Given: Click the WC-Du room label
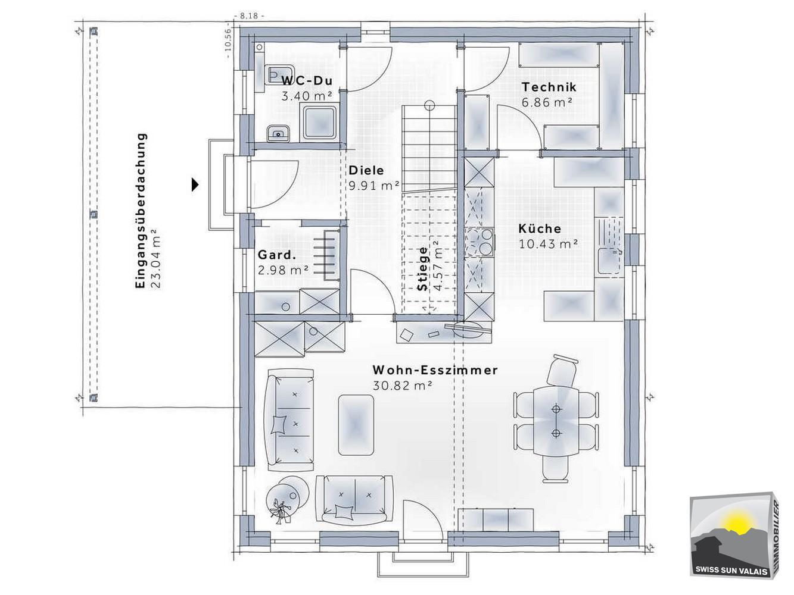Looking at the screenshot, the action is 307,80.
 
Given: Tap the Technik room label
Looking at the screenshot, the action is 549,87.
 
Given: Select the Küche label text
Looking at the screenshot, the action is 540,228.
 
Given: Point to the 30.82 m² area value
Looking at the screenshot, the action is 402,386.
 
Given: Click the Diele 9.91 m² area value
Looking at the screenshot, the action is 374,186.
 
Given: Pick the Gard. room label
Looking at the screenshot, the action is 277,255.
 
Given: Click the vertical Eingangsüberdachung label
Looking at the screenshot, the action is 141,211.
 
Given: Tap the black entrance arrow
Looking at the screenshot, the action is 195,184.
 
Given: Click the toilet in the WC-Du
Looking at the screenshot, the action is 279,75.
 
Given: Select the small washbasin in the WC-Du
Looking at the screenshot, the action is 278,134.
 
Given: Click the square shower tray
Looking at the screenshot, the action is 320,123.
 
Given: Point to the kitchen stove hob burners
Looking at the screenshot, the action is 479,242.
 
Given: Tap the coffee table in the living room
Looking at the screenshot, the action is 356,425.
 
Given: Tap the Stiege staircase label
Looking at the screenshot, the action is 422,268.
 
